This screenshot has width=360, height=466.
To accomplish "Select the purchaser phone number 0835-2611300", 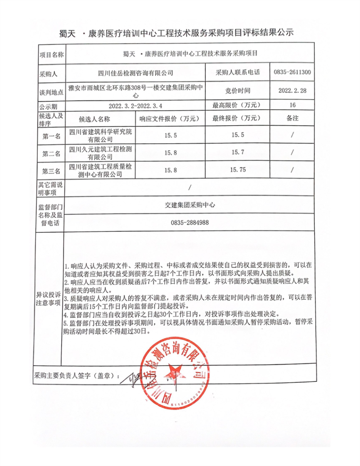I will click(x=292, y=72).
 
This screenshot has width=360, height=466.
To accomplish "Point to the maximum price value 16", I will click(x=293, y=105).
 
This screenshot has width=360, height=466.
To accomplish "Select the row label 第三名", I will click(x=51, y=171).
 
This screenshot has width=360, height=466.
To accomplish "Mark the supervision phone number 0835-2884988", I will click(x=189, y=222).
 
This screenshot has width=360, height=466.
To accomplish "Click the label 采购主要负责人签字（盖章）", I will click(x=77, y=375).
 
